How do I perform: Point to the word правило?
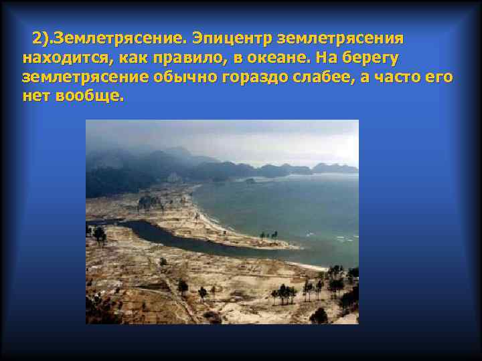[181, 57]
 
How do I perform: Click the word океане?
[276, 57]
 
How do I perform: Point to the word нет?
[35, 96]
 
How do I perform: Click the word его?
[439, 77]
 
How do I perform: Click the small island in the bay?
[250, 180]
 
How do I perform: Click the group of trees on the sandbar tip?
[269, 235]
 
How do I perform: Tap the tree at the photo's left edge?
[98, 234]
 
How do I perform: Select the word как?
[132, 57]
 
